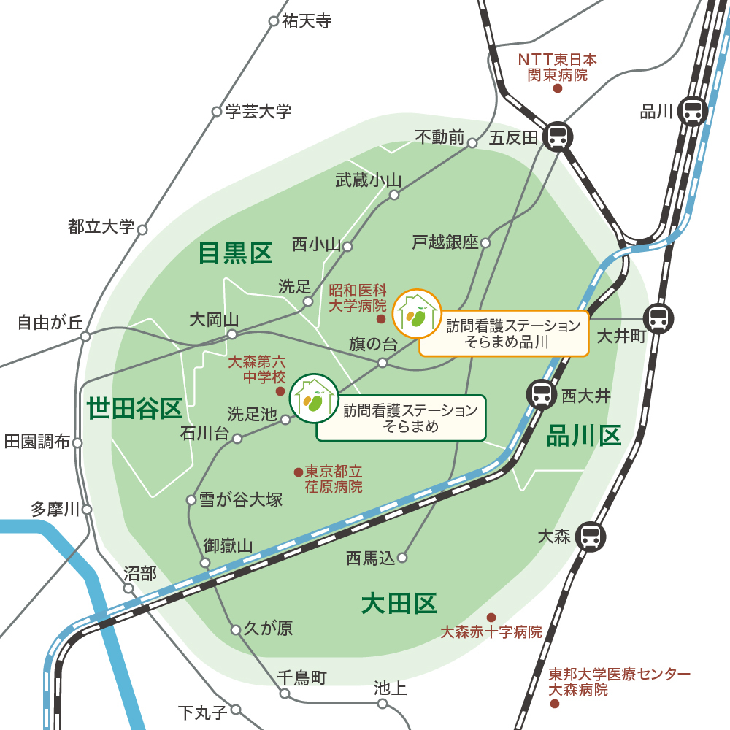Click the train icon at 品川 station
click(692, 112)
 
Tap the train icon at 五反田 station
click(558, 136)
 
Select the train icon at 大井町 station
click(658, 318)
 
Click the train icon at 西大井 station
click(542, 395)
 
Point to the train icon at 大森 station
click(590, 537)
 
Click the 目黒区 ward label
click(235, 253)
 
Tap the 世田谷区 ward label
click(134, 409)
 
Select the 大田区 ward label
click(399, 604)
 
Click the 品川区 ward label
click(583, 436)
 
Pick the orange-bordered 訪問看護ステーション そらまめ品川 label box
click(504, 334)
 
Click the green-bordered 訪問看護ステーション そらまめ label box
click(401, 418)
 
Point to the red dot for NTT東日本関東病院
click(558, 88)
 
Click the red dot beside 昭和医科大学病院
click(380, 319)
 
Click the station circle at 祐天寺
click(274, 21)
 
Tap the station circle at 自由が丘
click(85, 337)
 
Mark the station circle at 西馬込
click(401, 558)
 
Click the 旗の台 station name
click(372, 344)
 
